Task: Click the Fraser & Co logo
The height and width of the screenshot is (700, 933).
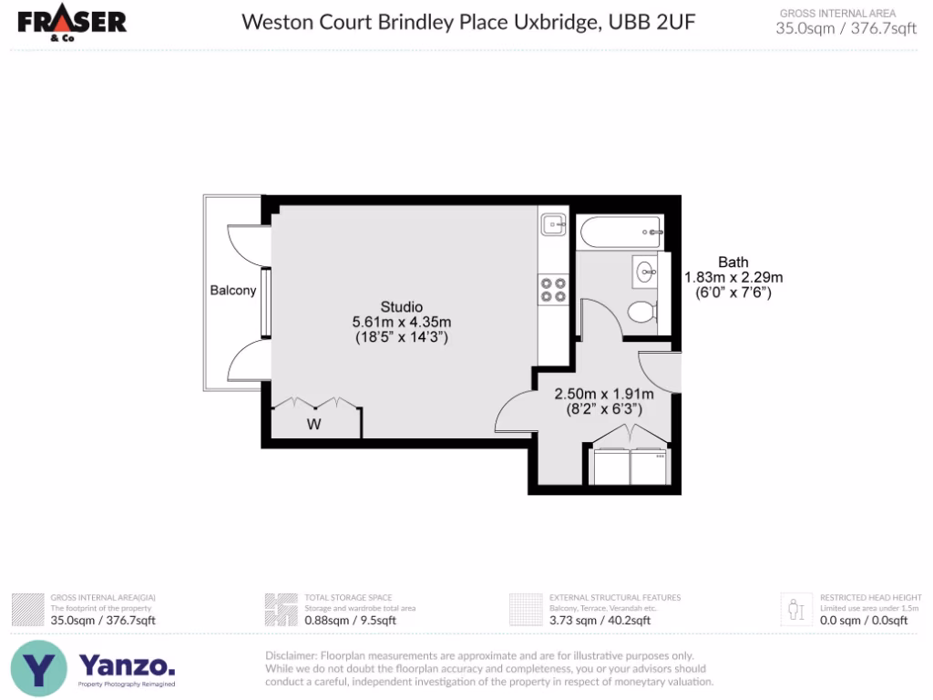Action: click(72, 24)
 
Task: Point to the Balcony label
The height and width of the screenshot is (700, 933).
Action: click(233, 291)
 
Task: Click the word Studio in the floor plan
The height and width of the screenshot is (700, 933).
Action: click(402, 306)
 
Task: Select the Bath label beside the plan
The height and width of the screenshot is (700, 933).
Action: click(733, 261)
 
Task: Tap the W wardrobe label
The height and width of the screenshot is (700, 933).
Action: click(313, 424)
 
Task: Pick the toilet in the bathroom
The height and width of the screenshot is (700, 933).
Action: click(642, 313)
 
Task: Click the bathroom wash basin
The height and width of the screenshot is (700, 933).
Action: click(646, 271)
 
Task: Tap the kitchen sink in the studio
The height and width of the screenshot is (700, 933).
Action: click(552, 224)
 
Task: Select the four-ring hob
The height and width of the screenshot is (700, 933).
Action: click(552, 289)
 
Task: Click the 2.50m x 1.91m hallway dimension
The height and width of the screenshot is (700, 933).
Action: click(604, 395)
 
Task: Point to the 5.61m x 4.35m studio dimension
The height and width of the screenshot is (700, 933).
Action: click(402, 322)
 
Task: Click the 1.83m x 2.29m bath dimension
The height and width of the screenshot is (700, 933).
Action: click(733, 277)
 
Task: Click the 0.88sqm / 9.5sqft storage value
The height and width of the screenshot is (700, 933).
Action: click(350, 621)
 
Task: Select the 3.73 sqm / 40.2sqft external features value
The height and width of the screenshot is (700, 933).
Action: click(600, 621)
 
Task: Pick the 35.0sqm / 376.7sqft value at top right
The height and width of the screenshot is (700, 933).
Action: click(846, 28)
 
